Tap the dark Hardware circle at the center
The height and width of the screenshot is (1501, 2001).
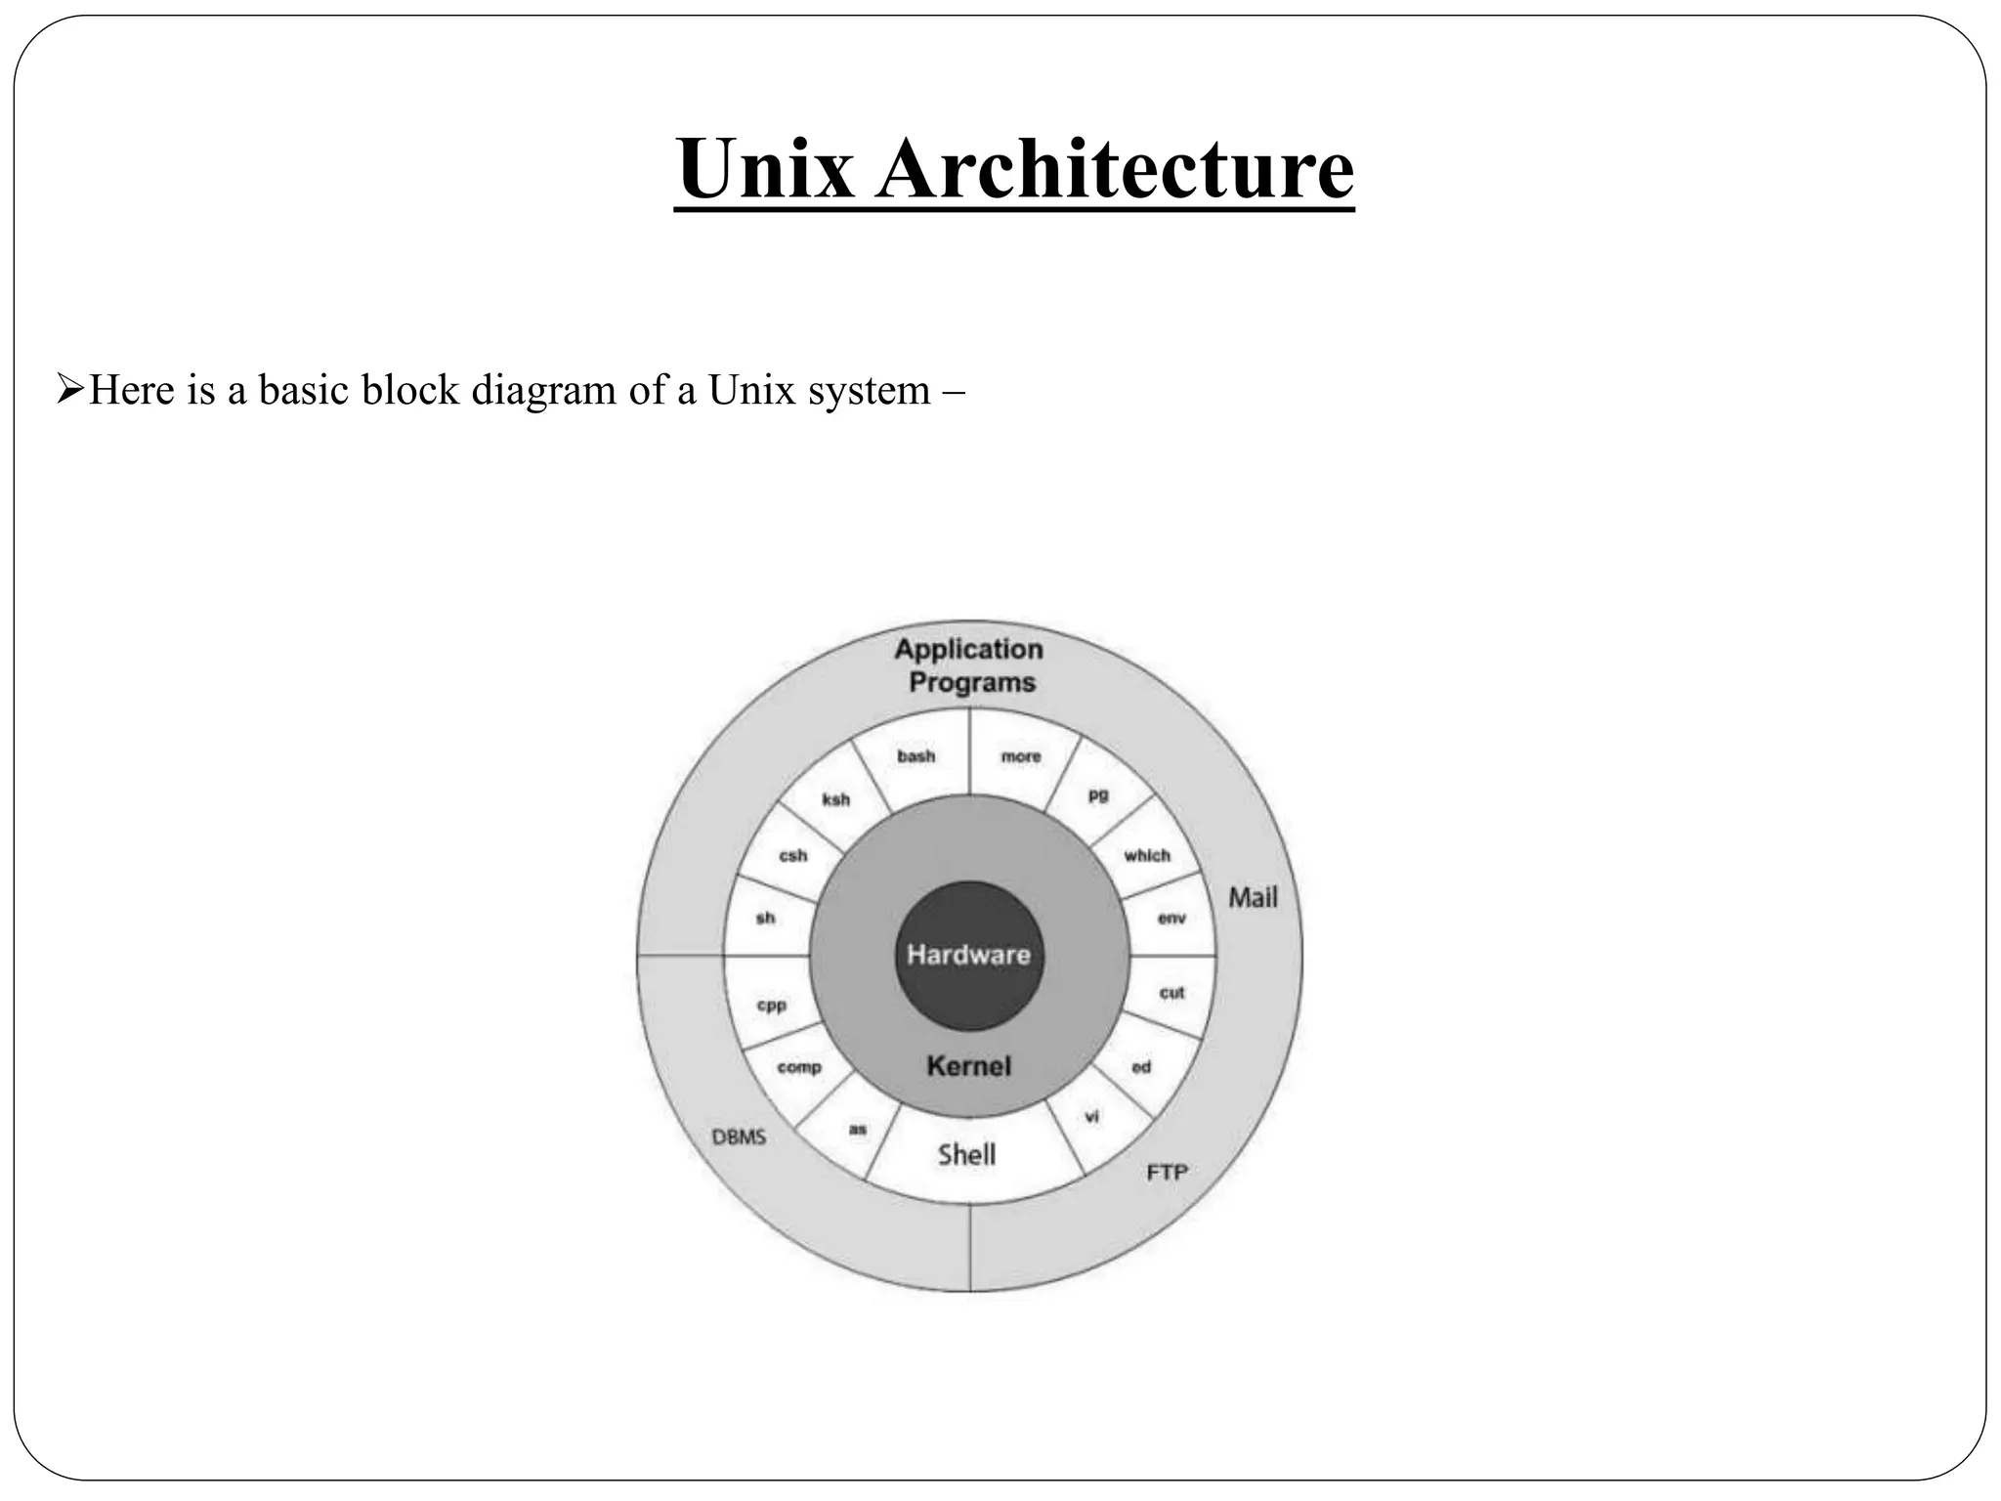click(968, 955)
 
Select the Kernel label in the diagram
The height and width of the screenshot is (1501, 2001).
click(968, 1066)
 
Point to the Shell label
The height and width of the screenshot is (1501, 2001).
click(966, 1155)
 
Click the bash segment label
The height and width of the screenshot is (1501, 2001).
click(915, 756)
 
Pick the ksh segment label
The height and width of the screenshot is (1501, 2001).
click(835, 799)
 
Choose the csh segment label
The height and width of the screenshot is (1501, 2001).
click(792, 856)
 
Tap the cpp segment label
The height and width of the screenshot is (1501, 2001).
click(771, 1006)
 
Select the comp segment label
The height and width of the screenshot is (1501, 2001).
click(798, 1067)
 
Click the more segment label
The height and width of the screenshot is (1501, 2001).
click(1020, 756)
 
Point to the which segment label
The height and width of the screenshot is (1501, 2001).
click(1146, 856)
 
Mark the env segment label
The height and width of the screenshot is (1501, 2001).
click(1171, 919)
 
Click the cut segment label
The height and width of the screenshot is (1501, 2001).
click(1171, 993)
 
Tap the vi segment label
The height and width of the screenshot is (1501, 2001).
click(1092, 1117)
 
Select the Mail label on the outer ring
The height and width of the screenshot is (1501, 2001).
click(1253, 897)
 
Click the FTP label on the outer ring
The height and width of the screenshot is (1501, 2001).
click(1167, 1172)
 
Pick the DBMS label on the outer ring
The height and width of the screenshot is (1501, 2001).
click(739, 1137)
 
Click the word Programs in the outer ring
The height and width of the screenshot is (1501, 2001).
click(971, 682)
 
